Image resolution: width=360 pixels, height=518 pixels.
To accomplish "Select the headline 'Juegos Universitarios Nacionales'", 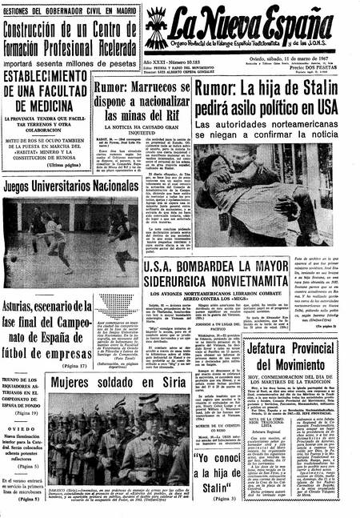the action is [x=72, y=185].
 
